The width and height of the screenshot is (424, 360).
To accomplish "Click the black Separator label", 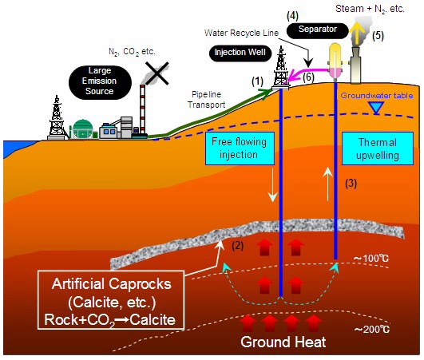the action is [317, 30].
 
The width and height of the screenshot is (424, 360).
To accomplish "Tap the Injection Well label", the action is [240, 53].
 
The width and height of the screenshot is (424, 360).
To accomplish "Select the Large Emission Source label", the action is [100, 81].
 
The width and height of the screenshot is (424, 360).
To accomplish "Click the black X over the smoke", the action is [157, 73].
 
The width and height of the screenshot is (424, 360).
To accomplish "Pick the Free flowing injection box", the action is [240, 148].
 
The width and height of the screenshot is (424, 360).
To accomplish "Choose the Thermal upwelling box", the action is [378, 148].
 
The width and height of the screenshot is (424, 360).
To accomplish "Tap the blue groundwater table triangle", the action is [377, 107].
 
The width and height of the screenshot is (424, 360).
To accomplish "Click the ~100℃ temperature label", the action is [371, 259].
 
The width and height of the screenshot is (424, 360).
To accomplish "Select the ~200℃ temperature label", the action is [372, 330].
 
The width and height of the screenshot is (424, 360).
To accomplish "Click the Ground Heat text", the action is [283, 342].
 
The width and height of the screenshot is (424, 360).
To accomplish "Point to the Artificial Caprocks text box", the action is [111, 299].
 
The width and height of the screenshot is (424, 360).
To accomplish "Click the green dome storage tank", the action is [82, 129].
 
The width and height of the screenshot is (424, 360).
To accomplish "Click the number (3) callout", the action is [351, 184].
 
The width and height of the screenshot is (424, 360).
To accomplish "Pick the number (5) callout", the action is [378, 36].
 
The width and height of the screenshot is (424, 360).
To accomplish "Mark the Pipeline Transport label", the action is [206, 100].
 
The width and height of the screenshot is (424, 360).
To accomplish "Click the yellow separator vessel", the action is [335, 61].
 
